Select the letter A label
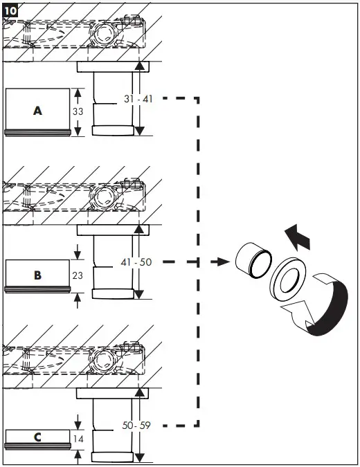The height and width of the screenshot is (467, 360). coord(37,110)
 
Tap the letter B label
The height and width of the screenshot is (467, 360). coord(37,275)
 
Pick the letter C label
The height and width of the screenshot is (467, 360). coord(37,437)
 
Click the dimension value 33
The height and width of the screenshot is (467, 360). coord(78,111)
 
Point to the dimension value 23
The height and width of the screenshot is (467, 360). coord(78,275)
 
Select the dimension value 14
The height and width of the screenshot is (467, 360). coord(78,437)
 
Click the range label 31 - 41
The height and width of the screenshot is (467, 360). coord(138,99)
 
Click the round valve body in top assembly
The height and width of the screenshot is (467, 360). coord(107,34)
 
